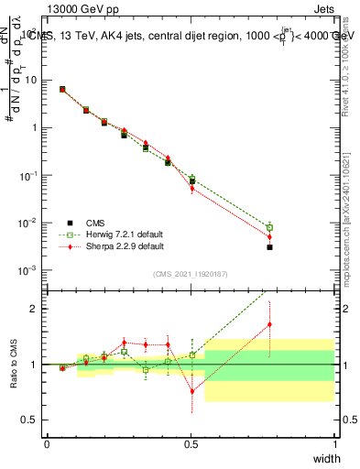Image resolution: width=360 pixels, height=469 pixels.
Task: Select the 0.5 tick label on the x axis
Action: click(191, 443)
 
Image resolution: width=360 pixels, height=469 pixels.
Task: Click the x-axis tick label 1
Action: click(335, 443)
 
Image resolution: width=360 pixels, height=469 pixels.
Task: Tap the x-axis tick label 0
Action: click(48, 443)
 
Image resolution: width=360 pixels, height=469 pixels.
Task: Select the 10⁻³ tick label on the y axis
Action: click(31, 270)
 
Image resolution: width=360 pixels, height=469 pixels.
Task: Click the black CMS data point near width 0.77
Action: click(269, 247)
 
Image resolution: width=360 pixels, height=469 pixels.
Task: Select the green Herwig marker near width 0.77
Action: click(269, 227)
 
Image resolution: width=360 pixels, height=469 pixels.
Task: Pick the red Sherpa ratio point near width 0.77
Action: click(269, 324)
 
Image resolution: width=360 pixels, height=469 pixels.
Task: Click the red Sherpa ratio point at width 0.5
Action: click(192, 391)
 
